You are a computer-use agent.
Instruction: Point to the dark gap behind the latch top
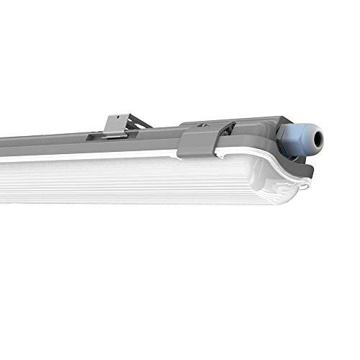pyautogui.click(x=225, y=127)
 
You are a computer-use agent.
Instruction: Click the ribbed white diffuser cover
pyautogui.click(x=144, y=180)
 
